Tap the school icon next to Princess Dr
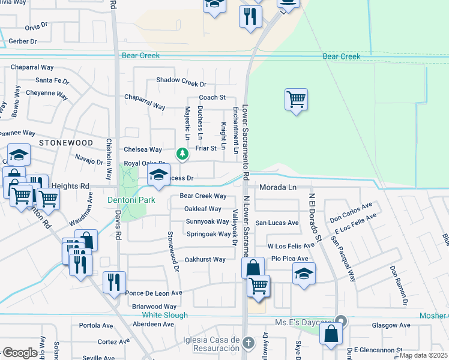coord(158,175)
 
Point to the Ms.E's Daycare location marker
coord(341,321)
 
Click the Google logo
coord(19,353)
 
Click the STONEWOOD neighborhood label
coord(66,143)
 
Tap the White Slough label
coord(164,315)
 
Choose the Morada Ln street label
coord(278,187)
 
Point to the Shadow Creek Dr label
coord(181,80)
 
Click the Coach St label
coord(212,97)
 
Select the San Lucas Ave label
coord(277,223)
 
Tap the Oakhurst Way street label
coord(205,259)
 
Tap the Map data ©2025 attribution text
coord(423,355)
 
